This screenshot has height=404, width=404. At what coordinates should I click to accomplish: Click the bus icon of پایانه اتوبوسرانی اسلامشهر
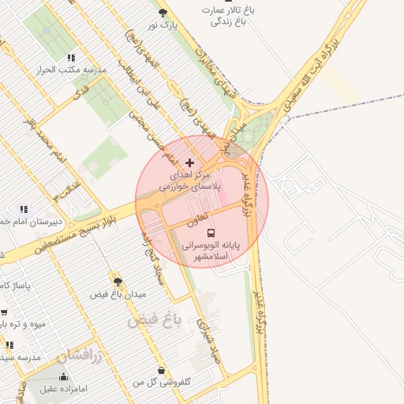point(211,233)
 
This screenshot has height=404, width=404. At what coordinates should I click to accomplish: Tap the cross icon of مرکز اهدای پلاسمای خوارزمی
point(189,162)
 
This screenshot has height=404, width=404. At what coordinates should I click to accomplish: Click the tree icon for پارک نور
point(163,13)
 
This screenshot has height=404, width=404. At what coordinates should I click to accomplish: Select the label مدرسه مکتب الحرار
point(71,70)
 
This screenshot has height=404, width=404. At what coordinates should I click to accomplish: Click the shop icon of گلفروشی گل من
point(161,370)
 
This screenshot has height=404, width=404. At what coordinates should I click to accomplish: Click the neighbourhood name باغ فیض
point(155,320)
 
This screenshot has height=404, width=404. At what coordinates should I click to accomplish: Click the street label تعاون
point(197,219)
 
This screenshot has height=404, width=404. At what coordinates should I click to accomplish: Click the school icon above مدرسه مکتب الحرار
point(71,58)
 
